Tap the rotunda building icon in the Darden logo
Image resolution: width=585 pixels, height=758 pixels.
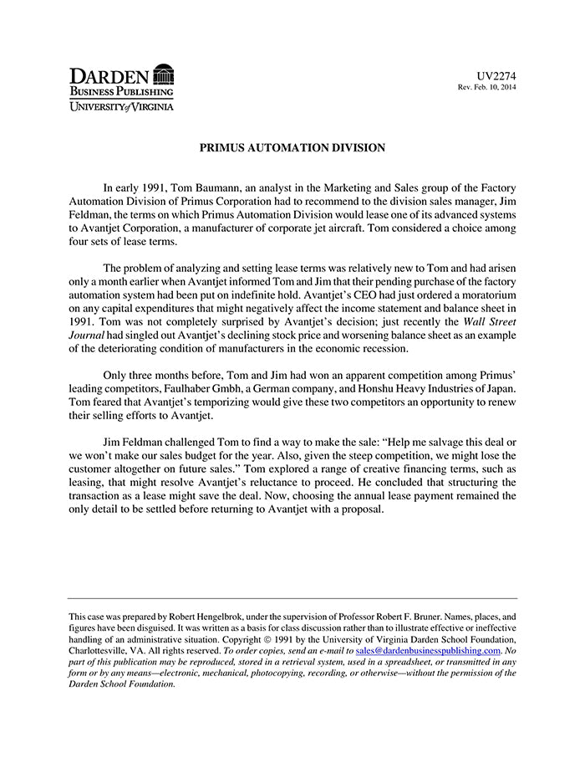[164, 74]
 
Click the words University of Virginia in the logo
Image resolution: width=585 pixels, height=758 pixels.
[121, 106]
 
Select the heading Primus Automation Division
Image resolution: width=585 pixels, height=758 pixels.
[292, 148]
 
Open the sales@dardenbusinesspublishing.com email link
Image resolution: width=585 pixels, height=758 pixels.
[428, 650]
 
